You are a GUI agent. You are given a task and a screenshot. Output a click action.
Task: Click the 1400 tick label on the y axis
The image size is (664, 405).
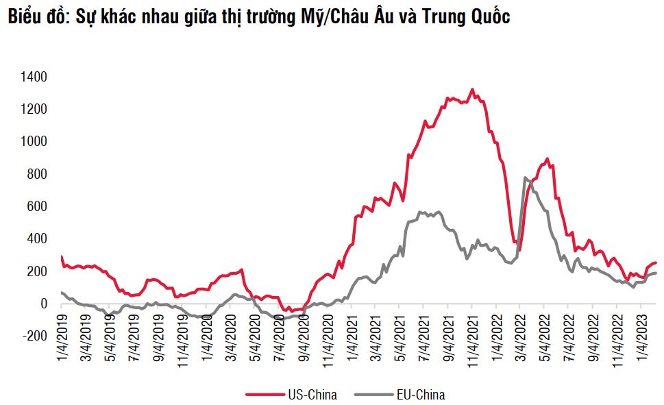[34, 77]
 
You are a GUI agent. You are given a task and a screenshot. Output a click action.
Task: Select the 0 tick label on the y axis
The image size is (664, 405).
[43, 304]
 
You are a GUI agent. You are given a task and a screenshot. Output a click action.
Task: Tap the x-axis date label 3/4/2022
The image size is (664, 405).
[520, 334]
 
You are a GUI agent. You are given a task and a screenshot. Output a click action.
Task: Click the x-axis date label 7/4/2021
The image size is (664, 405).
[424, 334]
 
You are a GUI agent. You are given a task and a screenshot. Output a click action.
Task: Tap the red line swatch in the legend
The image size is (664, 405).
[263, 394]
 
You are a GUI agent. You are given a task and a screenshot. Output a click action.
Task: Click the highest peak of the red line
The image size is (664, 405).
[472, 90]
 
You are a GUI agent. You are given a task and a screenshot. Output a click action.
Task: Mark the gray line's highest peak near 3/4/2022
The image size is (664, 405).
[525, 177]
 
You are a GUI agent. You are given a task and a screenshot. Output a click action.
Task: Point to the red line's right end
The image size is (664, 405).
[656, 262]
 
